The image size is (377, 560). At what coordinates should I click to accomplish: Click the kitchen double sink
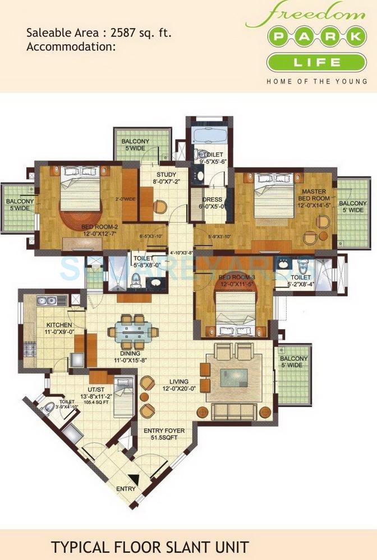[x=47, y=301]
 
